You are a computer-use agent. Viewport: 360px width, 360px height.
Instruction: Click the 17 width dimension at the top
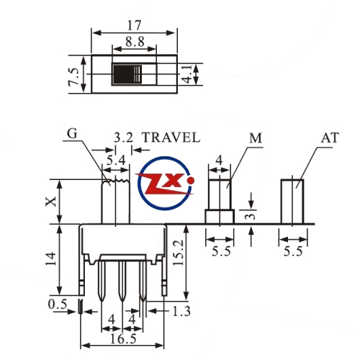point(134,25)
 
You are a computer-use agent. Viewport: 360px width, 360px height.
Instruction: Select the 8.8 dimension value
point(135,42)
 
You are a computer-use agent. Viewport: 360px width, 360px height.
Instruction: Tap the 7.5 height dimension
point(73,76)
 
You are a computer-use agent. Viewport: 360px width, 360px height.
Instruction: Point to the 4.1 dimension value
point(188,74)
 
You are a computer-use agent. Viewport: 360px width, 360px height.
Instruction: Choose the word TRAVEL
point(171,138)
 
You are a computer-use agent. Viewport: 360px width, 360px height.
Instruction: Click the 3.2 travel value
point(123,138)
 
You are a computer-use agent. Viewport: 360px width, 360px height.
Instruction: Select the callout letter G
point(72,133)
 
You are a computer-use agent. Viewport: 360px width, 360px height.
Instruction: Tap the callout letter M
point(256,138)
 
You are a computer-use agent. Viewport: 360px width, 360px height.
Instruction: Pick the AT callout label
point(330,138)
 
